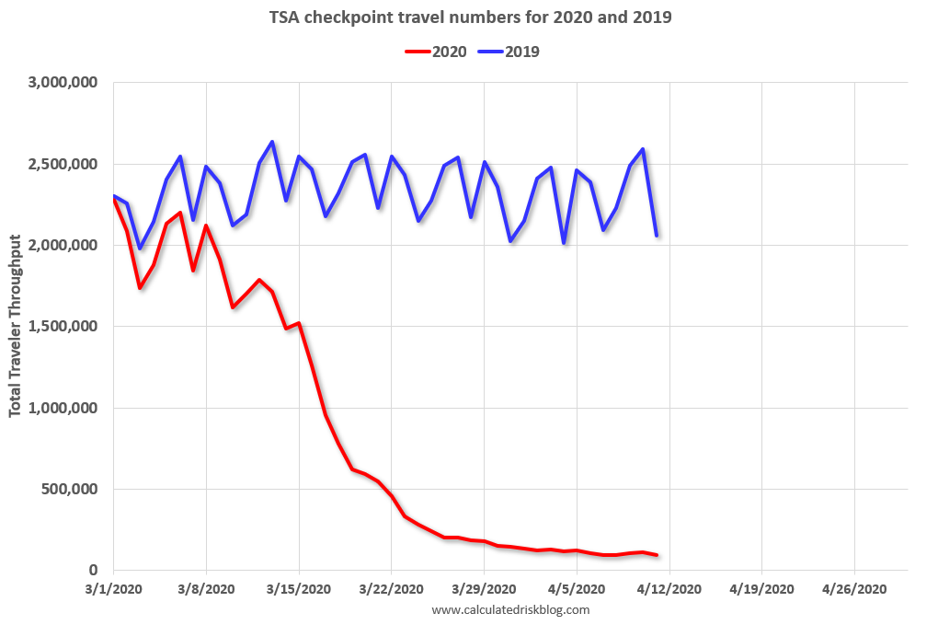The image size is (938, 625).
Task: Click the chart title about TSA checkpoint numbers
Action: [x=470, y=17]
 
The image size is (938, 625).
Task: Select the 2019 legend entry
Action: [x=509, y=52]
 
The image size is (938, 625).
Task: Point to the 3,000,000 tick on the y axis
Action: [x=65, y=83]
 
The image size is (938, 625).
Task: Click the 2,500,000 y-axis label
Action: [x=65, y=164]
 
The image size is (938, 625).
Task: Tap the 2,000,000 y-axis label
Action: [x=65, y=245]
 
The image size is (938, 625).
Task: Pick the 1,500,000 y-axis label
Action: [x=65, y=327]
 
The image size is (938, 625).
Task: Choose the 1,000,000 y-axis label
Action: [x=65, y=408]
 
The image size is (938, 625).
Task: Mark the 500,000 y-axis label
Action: [x=73, y=489]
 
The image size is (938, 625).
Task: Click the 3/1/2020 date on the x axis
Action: [x=113, y=588]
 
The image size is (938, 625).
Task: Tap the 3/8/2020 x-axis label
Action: [x=206, y=588]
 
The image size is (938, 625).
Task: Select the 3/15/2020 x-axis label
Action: [x=299, y=588]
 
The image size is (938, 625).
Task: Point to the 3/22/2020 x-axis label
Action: [x=392, y=588]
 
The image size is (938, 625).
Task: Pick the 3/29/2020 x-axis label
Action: [x=484, y=588]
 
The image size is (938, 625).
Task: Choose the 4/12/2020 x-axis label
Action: [x=669, y=588]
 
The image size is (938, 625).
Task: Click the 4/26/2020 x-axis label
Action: [x=854, y=588]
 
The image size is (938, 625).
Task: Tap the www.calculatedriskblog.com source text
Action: [x=509, y=609]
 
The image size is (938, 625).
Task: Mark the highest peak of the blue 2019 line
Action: [x=272, y=142]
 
